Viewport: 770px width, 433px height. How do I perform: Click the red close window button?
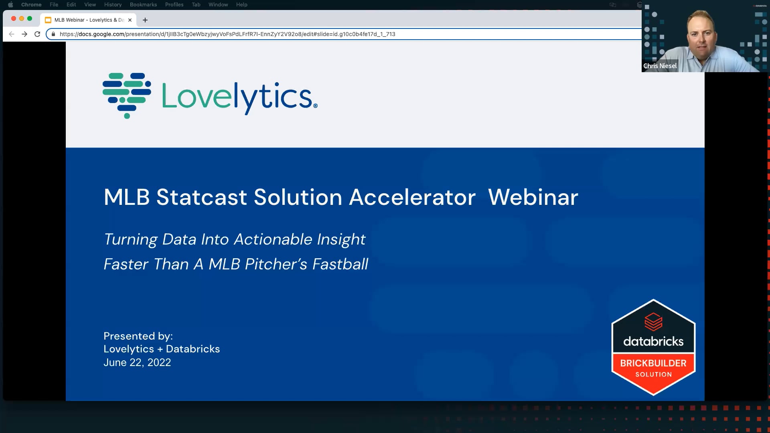click(x=14, y=18)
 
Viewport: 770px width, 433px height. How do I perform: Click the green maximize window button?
click(x=30, y=18)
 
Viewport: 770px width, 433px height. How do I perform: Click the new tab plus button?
click(x=145, y=20)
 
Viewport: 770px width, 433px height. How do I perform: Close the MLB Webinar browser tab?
click(x=130, y=20)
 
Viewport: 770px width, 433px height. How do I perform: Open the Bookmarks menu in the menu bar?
click(x=143, y=5)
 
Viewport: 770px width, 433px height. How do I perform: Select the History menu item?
click(x=113, y=5)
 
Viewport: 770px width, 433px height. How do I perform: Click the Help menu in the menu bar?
click(x=241, y=5)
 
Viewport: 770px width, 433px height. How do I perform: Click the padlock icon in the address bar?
click(x=53, y=34)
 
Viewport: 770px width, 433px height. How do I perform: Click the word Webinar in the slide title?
click(x=533, y=197)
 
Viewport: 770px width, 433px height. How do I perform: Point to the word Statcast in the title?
click(x=201, y=197)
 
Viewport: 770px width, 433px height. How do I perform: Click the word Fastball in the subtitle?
click(x=340, y=264)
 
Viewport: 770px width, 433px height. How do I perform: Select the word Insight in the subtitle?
click(x=341, y=239)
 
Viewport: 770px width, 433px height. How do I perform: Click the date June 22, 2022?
click(x=137, y=362)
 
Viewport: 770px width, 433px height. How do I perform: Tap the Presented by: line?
click(x=138, y=336)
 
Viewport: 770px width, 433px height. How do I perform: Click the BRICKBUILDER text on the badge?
click(x=653, y=363)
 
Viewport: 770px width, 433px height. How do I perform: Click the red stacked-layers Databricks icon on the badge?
click(x=653, y=322)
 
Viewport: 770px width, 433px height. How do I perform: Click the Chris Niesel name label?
click(x=660, y=66)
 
